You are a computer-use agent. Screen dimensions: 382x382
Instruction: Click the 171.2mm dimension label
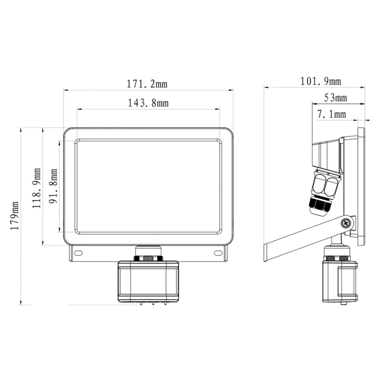click(x=147, y=84)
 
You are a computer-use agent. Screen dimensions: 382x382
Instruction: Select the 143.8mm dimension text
click(x=148, y=103)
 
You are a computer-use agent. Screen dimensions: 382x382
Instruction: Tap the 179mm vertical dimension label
click(x=15, y=216)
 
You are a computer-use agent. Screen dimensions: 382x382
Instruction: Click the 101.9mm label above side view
click(x=321, y=81)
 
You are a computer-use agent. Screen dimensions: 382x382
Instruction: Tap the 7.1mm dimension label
click(x=331, y=114)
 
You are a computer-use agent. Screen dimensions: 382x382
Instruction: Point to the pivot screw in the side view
click(x=346, y=223)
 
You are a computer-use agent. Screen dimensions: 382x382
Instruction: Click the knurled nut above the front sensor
click(x=148, y=258)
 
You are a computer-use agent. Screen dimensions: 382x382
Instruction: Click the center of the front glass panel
click(x=148, y=186)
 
